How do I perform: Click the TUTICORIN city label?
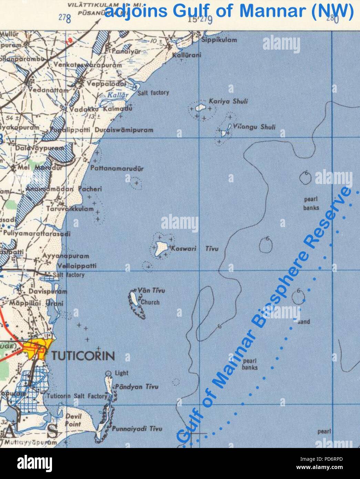click(83, 356)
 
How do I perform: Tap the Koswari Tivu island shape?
click(160, 248)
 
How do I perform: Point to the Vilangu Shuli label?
click(254, 127)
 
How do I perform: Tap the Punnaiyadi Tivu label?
click(137, 429)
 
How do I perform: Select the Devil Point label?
click(73, 420)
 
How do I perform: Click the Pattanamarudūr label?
click(117, 169)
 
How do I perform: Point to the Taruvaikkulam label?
click(70, 209)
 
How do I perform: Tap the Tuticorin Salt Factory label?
click(78, 396)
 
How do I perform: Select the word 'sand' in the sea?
click(304, 322)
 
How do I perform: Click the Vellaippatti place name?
click(76, 266)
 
